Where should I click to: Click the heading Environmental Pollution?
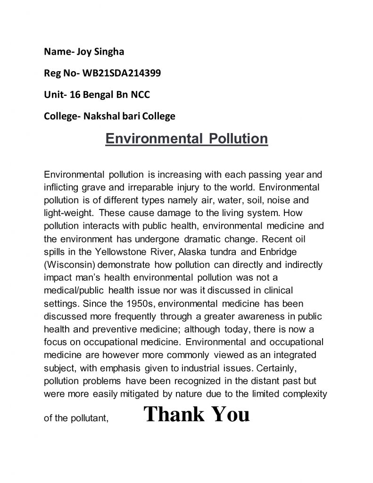pos(186,139)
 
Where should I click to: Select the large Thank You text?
pos(196,415)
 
